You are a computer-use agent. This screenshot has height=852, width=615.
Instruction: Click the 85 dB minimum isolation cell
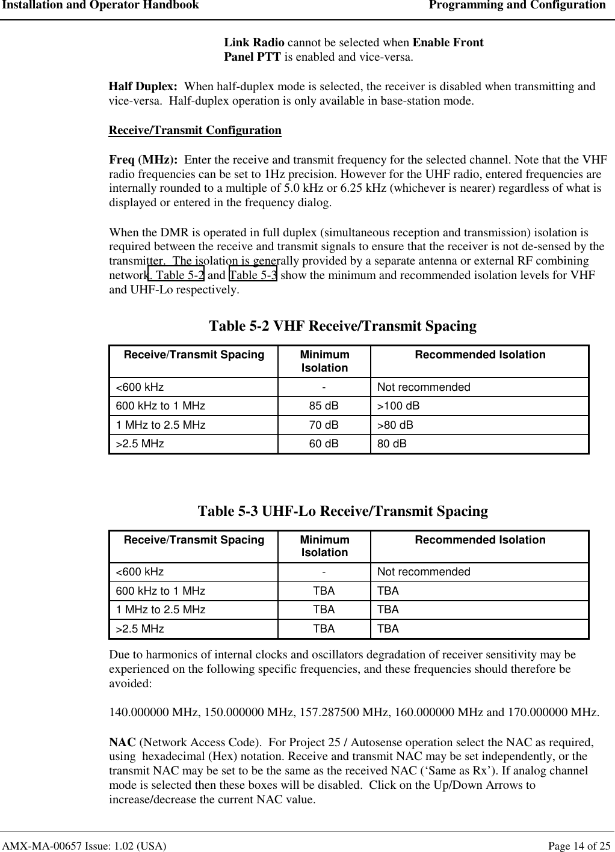(x=324, y=406)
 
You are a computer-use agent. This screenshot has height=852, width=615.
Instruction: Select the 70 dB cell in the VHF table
(x=324, y=425)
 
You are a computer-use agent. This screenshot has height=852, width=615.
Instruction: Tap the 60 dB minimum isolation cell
(x=324, y=444)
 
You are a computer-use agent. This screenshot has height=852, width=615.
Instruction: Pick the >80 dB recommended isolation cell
(x=395, y=425)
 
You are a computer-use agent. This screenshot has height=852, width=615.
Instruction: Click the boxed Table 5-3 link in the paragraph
(x=253, y=275)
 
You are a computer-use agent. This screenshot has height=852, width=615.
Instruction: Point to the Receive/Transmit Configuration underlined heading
(x=195, y=130)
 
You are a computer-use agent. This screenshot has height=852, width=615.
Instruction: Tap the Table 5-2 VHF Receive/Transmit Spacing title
(x=342, y=326)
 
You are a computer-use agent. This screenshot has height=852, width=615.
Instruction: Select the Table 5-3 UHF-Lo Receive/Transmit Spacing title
(x=342, y=511)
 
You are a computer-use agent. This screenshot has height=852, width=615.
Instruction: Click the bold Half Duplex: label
(x=143, y=87)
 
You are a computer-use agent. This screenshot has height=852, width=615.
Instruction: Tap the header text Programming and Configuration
(x=517, y=5)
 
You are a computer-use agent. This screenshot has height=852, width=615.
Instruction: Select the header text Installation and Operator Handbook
(x=100, y=5)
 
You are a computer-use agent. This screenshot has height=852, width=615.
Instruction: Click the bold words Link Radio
(x=255, y=43)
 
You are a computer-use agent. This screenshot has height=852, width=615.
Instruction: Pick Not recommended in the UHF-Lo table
(x=424, y=572)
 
